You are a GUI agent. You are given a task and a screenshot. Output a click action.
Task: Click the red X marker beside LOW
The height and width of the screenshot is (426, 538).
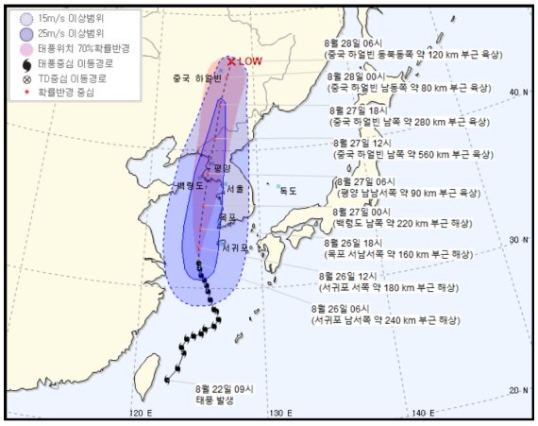click(230, 60)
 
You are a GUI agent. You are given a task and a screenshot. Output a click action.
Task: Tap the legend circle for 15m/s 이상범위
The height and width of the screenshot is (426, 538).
click(25, 16)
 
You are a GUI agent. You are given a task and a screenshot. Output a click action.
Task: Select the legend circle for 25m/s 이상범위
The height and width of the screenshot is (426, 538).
click(25, 32)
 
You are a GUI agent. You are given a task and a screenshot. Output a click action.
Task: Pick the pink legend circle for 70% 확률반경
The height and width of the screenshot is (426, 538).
click(25, 47)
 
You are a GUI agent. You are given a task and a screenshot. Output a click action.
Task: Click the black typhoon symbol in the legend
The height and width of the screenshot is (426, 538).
click(25, 63)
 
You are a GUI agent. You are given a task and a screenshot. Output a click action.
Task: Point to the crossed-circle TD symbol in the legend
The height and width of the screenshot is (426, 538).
click(25, 78)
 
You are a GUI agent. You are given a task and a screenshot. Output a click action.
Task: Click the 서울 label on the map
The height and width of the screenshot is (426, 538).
click(234, 188)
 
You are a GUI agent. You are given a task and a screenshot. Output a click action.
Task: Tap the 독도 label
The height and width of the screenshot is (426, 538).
click(287, 190)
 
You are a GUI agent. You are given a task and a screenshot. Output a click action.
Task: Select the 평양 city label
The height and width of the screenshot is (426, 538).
click(222, 166)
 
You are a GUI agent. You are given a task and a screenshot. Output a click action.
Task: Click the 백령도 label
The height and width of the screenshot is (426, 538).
click(190, 186)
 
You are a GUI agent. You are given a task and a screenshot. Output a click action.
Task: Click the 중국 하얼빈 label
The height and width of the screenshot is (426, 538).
click(194, 78)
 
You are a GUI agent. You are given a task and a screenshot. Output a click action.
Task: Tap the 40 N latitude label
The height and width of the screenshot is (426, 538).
click(515, 92)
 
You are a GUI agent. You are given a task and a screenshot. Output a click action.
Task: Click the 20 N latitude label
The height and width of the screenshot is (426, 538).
click(515, 389)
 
